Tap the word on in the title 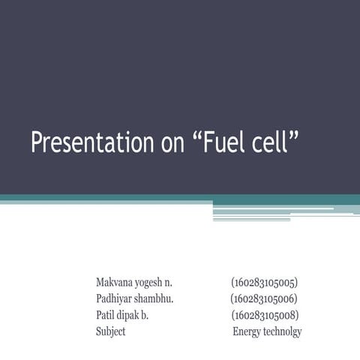click(170, 142)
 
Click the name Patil click(107, 315)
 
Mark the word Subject click(111, 331)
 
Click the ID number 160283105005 click(265, 283)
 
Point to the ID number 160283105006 click(265, 299)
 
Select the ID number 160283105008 click(265, 315)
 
